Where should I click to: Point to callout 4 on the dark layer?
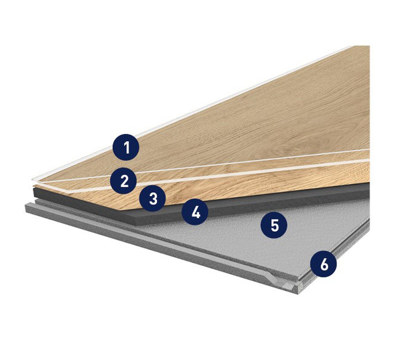click(x=195, y=212)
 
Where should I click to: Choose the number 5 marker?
click(x=274, y=225)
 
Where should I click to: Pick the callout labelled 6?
click(x=324, y=264)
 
